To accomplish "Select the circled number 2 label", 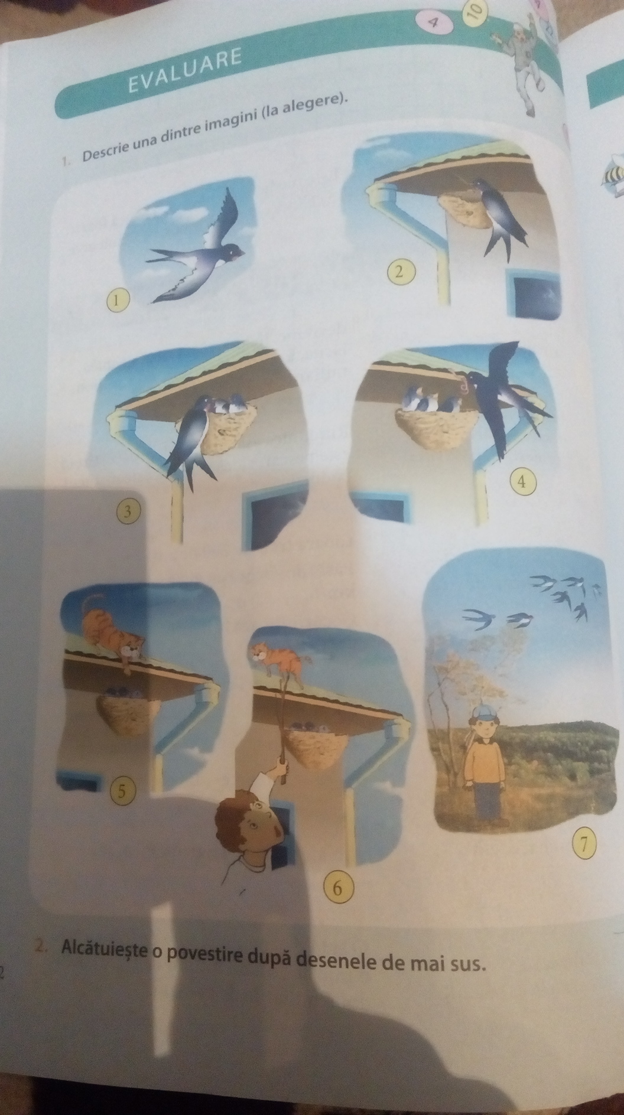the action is pos(401,272).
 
